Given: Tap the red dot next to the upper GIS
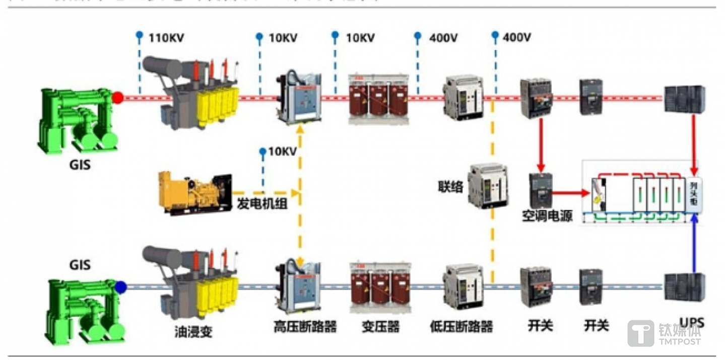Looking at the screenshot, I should [x=118, y=98].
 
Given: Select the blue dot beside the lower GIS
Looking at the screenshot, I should [x=120, y=287].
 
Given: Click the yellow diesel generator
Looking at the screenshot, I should [x=194, y=193].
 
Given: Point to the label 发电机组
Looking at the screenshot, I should [x=262, y=204].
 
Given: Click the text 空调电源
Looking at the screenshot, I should [x=547, y=216].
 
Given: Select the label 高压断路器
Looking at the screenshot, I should [x=305, y=327].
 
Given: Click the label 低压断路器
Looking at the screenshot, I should [x=461, y=327].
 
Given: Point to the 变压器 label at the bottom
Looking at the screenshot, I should [x=380, y=327].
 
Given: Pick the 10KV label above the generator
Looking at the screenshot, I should [x=283, y=151].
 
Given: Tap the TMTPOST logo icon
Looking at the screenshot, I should [x=640, y=333].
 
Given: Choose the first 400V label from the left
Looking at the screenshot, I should [x=443, y=37].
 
